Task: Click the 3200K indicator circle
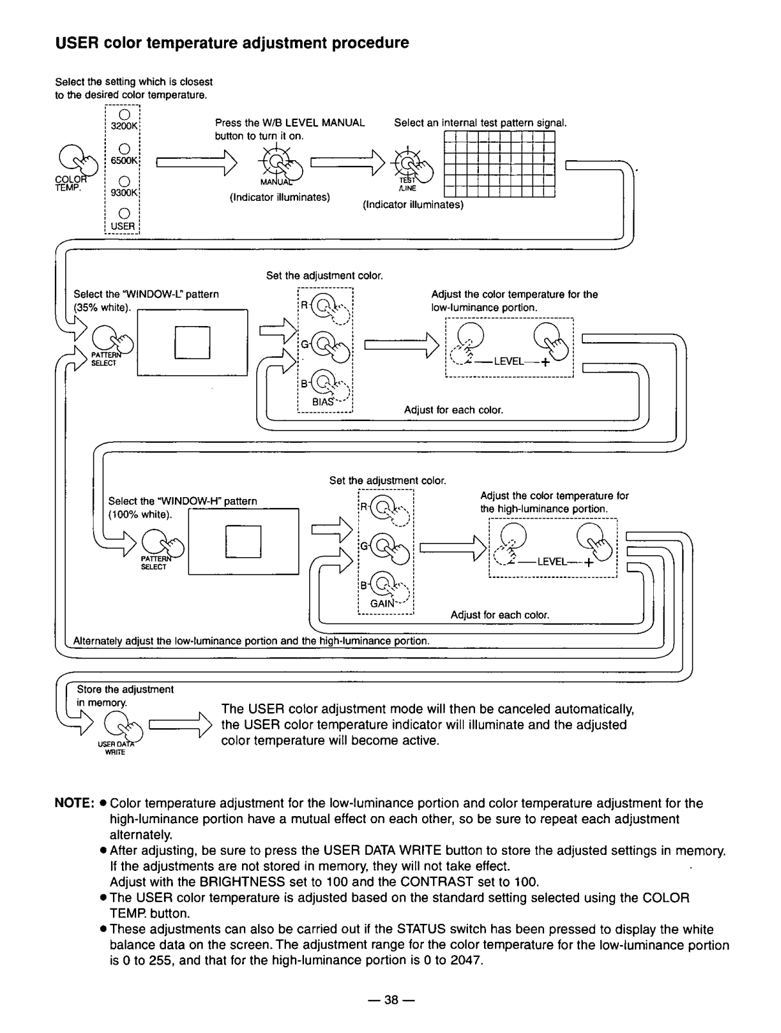point(124,114)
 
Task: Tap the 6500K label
point(124,161)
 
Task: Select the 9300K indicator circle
point(124,181)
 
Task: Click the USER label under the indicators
point(123,226)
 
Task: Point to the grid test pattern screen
point(500,164)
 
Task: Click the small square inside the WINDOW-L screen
point(192,343)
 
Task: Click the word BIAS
point(323,402)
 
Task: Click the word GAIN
point(382,603)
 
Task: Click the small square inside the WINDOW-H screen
point(243,542)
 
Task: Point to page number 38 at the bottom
point(391,999)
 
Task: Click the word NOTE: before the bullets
point(75,803)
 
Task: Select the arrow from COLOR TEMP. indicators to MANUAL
point(197,163)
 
